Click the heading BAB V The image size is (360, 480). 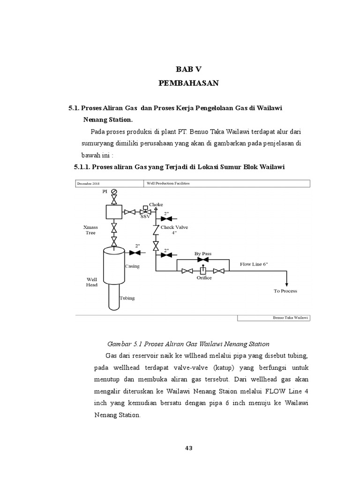coord(188,69)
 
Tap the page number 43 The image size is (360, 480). coord(189,448)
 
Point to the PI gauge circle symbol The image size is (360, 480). coord(114,191)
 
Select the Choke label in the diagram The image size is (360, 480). coord(156,204)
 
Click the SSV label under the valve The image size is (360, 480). coord(144,217)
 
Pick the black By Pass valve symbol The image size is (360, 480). coord(203,259)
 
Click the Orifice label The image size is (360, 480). coord(203,278)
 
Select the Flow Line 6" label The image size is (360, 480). coord(254,264)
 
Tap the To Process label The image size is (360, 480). coord(285,291)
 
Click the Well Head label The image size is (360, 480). coord(91,282)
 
